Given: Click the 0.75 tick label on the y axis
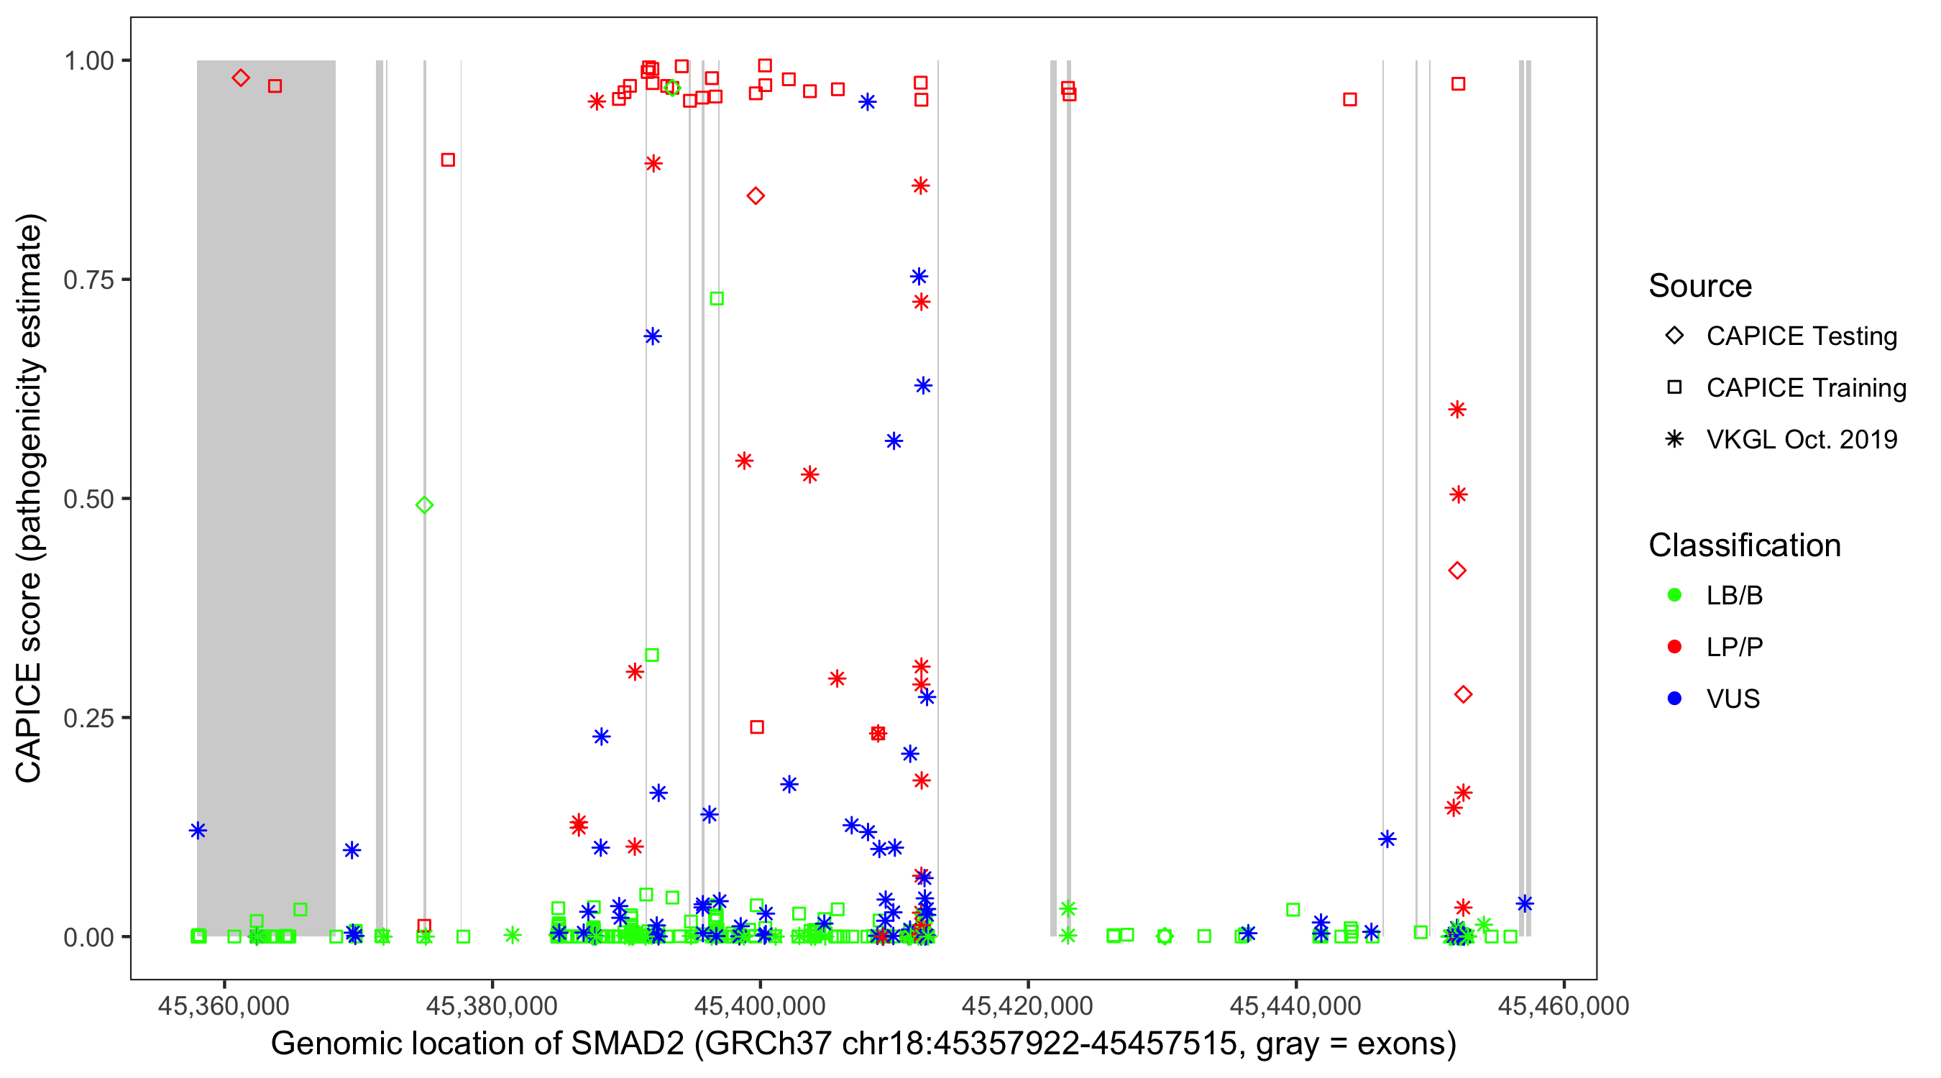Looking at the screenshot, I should pos(88,280).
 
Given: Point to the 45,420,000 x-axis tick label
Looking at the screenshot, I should pos(1028,1005).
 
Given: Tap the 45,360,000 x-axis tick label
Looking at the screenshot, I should pos(223,1005).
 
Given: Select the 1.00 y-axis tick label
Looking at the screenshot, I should pos(88,61).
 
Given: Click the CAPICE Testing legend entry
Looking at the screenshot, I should pos(1802,336).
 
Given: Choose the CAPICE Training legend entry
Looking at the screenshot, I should pos(1806,388).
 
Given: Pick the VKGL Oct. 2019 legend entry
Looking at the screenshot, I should pos(1802,439).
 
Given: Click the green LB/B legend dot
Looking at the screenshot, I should pos(1674,595).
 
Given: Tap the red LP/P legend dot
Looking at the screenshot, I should pos(1674,647).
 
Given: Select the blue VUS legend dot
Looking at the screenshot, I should pos(1674,699).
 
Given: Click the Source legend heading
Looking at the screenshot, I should pos(1700,286).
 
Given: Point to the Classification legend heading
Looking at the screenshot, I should pos(1744,545).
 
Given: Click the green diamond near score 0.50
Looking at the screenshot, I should pos(424,505).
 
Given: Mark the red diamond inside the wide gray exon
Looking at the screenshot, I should pos(240,78).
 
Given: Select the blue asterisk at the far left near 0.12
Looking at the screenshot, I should pos(198,830).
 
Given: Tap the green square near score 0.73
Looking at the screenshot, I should pos(717,299).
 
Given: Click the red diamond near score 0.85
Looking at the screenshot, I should pos(756,196).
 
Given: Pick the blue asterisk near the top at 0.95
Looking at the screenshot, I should pos(867,102).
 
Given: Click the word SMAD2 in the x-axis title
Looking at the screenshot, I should pos(627,1044).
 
